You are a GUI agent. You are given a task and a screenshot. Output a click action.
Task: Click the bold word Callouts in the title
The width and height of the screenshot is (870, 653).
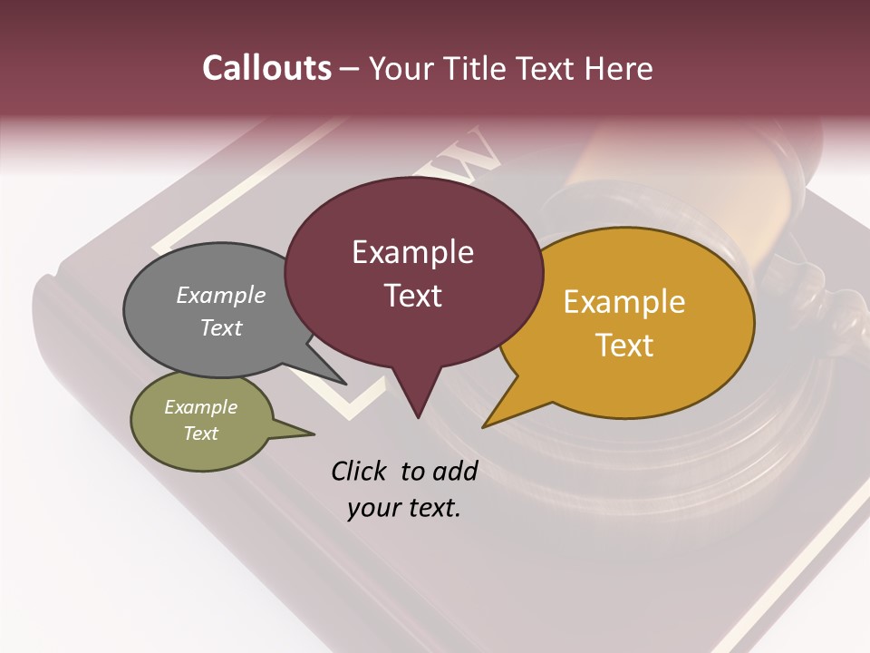[266, 68]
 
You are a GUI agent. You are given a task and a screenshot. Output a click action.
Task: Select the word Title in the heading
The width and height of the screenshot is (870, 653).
[478, 68]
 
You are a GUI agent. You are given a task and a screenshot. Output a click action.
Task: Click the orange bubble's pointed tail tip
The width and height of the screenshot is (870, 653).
[485, 425]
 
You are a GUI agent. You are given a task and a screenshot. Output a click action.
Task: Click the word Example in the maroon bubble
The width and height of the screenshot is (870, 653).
[412, 252]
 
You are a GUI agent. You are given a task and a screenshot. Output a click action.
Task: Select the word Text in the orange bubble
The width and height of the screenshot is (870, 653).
[624, 346]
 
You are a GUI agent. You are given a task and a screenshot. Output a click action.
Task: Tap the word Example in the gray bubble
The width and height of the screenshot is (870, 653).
[221, 296]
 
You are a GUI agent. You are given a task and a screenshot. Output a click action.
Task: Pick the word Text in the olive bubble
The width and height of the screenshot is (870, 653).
[200, 434]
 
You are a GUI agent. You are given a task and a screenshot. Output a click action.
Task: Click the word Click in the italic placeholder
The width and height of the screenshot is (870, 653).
[360, 471]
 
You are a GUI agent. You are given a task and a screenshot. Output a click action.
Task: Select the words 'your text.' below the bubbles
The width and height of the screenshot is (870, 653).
[404, 508]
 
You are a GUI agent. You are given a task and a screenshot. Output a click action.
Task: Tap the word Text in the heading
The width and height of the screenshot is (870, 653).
[548, 68]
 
